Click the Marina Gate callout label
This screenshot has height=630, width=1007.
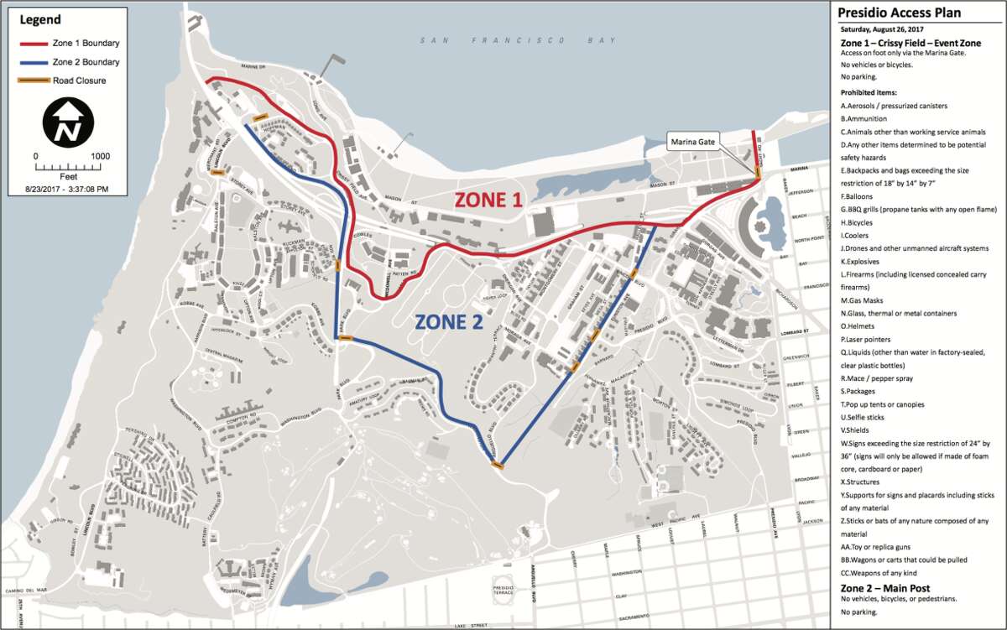pyautogui.click(x=692, y=143)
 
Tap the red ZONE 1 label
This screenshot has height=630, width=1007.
pyautogui.click(x=488, y=200)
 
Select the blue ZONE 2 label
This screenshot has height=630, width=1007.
pyautogui.click(x=449, y=321)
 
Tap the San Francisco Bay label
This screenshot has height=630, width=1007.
pyautogui.click(x=519, y=40)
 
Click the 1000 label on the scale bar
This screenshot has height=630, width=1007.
pyautogui.click(x=101, y=156)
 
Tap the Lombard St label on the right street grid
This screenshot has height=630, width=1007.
pyautogui.click(x=813, y=332)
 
